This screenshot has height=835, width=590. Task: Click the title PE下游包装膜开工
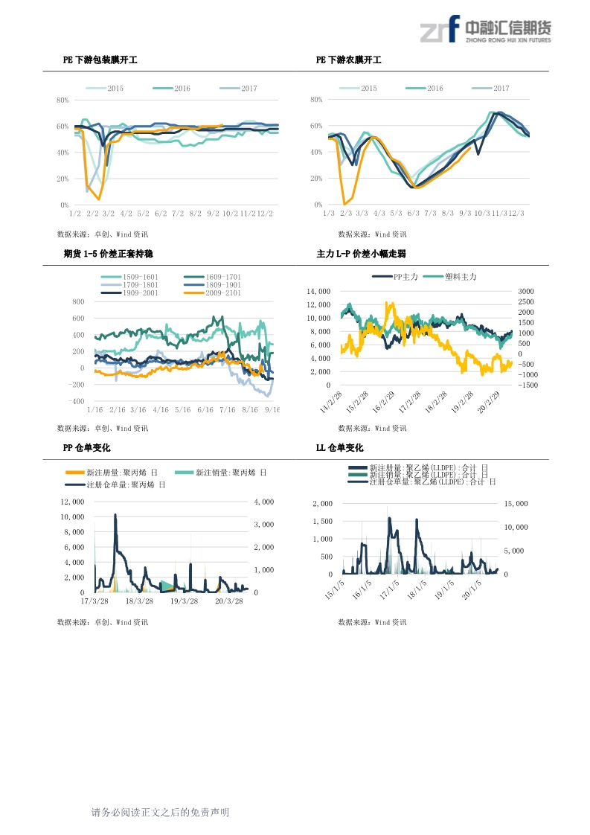point(100,60)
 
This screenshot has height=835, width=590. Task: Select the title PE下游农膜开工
point(348,60)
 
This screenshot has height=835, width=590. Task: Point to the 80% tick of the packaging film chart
point(62,100)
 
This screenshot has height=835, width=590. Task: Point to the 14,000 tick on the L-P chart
point(318,292)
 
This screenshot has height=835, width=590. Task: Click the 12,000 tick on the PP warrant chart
point(73,502)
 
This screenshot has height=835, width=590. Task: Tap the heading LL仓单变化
point(340,448)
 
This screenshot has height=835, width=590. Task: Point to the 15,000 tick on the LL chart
point(516,504)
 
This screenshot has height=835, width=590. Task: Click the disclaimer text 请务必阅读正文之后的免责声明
point(160,813)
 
